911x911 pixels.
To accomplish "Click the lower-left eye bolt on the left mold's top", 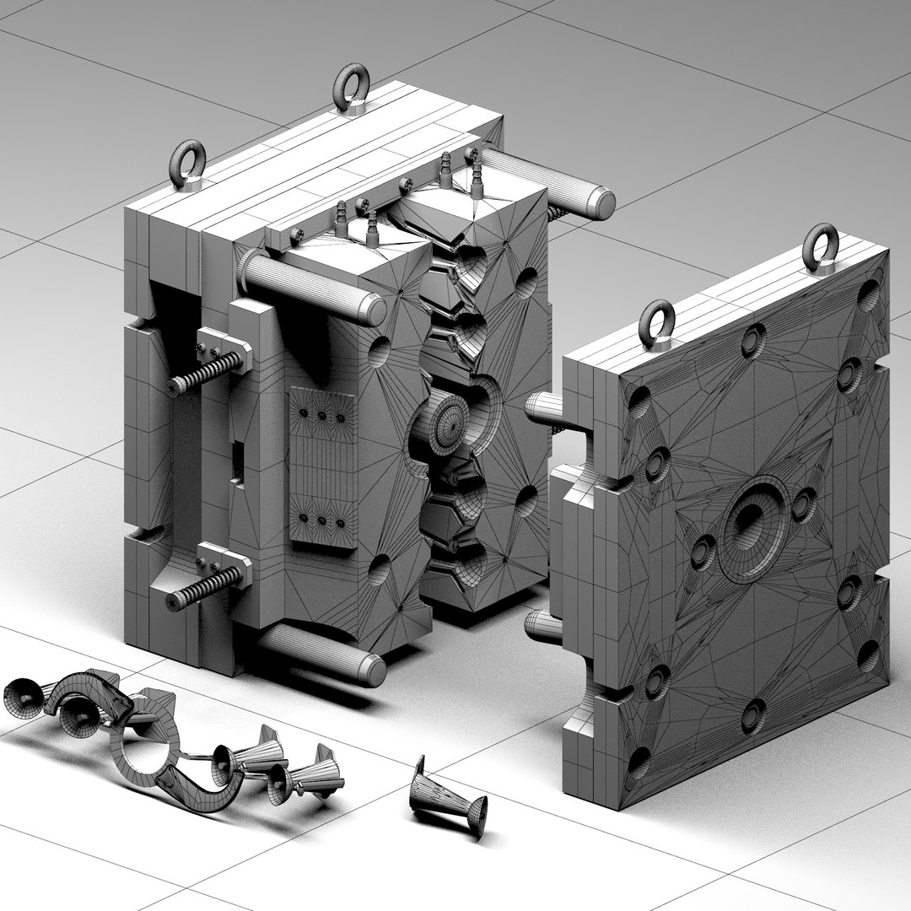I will click(x=188, y=163).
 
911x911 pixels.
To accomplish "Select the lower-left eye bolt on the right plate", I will click(x=657, y=322).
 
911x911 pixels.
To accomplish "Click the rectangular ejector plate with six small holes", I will click(x=321, y=468).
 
